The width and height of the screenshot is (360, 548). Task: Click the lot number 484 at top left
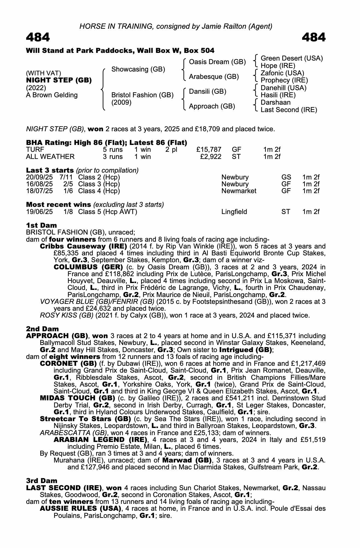[38, 38]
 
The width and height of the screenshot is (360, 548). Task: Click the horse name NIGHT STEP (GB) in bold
[59, 81]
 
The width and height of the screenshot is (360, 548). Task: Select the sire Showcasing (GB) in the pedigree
[138, 69]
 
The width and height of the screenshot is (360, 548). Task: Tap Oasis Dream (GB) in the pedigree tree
[217, 62]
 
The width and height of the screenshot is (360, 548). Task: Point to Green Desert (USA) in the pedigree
[292, 58]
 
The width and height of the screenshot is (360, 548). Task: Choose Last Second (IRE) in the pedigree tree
[289, 110]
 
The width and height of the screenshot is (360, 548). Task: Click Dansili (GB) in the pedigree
[208, 92]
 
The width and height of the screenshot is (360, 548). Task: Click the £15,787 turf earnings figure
[209, 150]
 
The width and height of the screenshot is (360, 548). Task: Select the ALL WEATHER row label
[50, 157]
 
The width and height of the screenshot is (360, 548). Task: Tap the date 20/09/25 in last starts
[39, 177]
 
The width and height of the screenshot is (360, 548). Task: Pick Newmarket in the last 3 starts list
[239, 191]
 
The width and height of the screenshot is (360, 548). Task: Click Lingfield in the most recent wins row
[234, 212]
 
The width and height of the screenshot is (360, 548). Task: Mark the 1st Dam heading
[41, 225]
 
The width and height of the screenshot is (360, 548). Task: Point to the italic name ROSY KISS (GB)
[67, 315]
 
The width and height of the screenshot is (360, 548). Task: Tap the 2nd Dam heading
[42, 329]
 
